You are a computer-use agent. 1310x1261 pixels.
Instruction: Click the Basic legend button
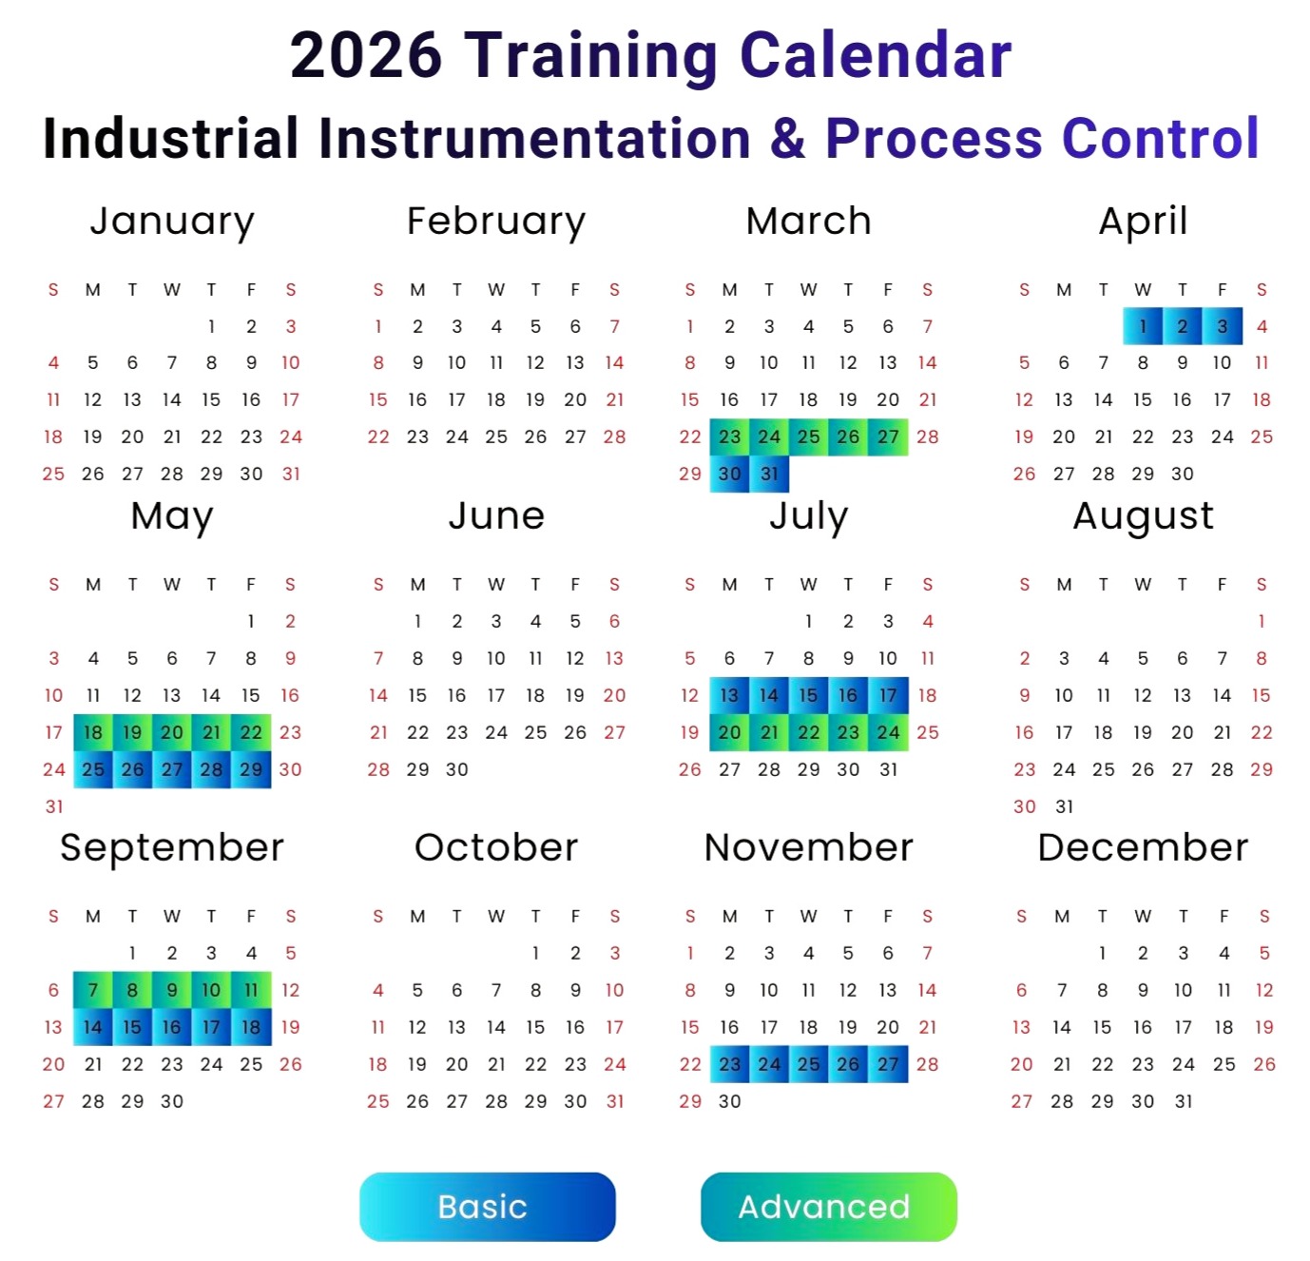pos(487,1207)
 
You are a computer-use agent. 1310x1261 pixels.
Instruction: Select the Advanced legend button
pos(828,1207)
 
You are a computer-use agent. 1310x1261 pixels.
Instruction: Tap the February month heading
pos(496,223)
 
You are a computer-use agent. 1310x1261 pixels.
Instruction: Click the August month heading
pos(1143,517)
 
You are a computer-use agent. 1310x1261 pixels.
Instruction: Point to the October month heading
pos(496,847)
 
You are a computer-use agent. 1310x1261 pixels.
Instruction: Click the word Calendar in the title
pos(876,55)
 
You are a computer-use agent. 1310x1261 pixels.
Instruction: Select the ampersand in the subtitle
pos(787,139)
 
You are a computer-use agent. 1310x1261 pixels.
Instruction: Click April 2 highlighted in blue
pos(1182,326)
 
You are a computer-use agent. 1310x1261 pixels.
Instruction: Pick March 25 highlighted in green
pos(808,436)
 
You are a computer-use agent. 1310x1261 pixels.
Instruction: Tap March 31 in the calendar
pos(769,474)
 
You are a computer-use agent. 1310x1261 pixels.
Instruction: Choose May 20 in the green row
pos(172,732)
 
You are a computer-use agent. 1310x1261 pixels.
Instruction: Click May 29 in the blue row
pos(251,769)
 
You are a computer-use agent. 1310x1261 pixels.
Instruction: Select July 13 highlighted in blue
pos(729,695)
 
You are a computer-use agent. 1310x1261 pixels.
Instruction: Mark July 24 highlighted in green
pos(888,732)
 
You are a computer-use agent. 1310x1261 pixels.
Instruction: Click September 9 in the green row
pos(172,990)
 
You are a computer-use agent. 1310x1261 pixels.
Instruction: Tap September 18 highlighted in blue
pos(251,1027)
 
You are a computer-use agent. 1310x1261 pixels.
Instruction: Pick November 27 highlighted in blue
pos(888,1064)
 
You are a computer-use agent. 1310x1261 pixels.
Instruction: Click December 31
pos(1183,1101)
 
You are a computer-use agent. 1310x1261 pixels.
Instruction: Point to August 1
pos(1262,621)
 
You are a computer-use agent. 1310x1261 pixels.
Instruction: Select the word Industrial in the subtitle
pos(171,139)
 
